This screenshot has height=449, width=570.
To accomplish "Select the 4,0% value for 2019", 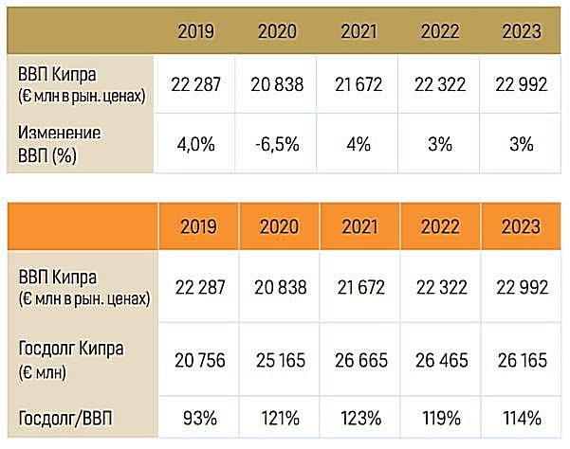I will click(195, 145).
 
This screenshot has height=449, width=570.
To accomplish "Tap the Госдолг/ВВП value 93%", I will click(195, 418).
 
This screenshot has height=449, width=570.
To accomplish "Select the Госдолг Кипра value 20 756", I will click(195, 358).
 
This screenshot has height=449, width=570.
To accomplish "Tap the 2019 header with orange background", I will click(195, 227).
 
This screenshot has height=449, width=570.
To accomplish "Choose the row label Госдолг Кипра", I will click(70, 357).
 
